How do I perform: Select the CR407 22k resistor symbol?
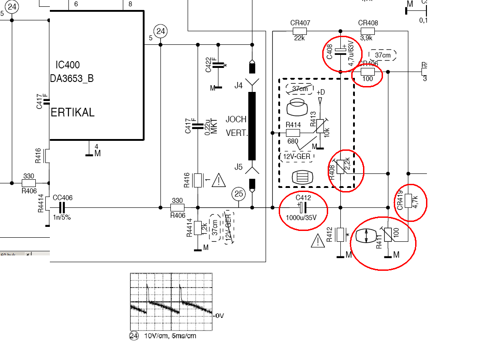[300, 31]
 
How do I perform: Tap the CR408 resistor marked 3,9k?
[368, 31]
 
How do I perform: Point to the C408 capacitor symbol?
[341, 52]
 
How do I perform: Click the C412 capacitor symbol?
[303, 207]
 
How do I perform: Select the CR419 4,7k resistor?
[408, 201]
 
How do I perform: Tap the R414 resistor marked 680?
[293, 133]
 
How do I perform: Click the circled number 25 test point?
[239, 194]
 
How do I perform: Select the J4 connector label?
[238, 85]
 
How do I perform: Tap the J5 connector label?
[238, 167]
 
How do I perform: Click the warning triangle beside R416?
[218, 180]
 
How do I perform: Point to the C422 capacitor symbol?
[218, 65]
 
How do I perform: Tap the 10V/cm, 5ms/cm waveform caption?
[170, 336]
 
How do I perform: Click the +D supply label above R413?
[320, 92]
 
